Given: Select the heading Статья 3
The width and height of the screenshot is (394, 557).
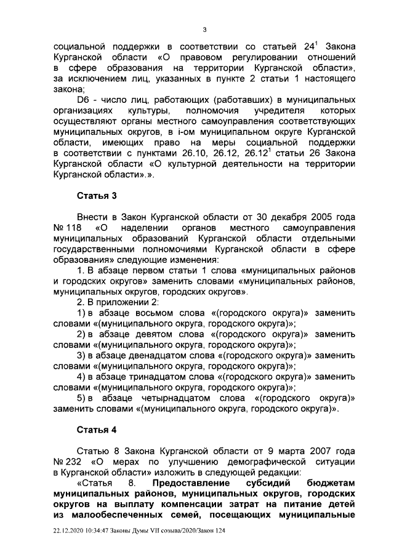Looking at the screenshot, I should click(x=97, y=195).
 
